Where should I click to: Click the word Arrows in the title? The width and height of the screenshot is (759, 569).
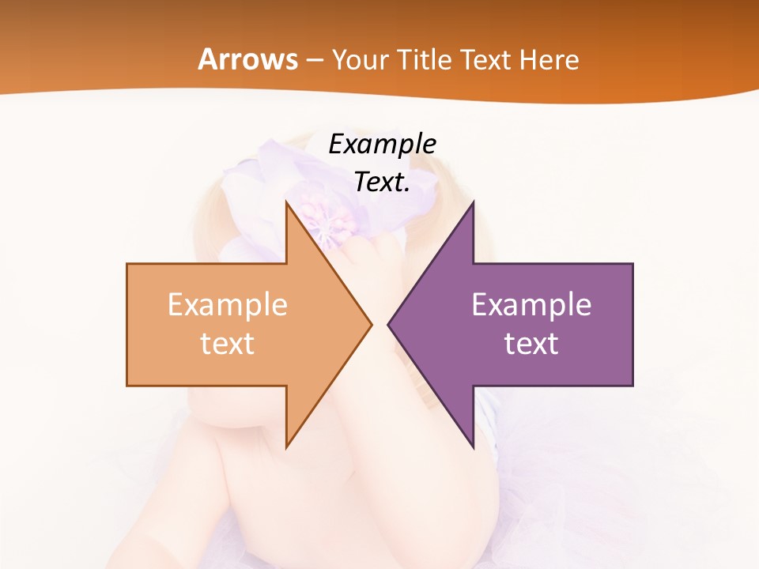(x=247, y=59)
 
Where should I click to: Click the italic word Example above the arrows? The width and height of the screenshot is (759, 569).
(x=382, y=144)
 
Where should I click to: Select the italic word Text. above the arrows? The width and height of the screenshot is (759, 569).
(x=380, y=183)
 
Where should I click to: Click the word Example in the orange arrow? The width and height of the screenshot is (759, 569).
(x=227, y=304)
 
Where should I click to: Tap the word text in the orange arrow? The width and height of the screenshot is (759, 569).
(x=227, y=344)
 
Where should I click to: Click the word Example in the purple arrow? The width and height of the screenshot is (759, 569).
(x=531, y=304)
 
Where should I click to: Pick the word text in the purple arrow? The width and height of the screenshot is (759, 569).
(x=531, y=344)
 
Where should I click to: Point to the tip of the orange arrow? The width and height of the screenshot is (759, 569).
(x=370, y=323)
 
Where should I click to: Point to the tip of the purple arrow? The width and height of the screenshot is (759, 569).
(x=389, y=323)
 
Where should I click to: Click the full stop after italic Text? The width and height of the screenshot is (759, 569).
(x=406, y=190)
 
